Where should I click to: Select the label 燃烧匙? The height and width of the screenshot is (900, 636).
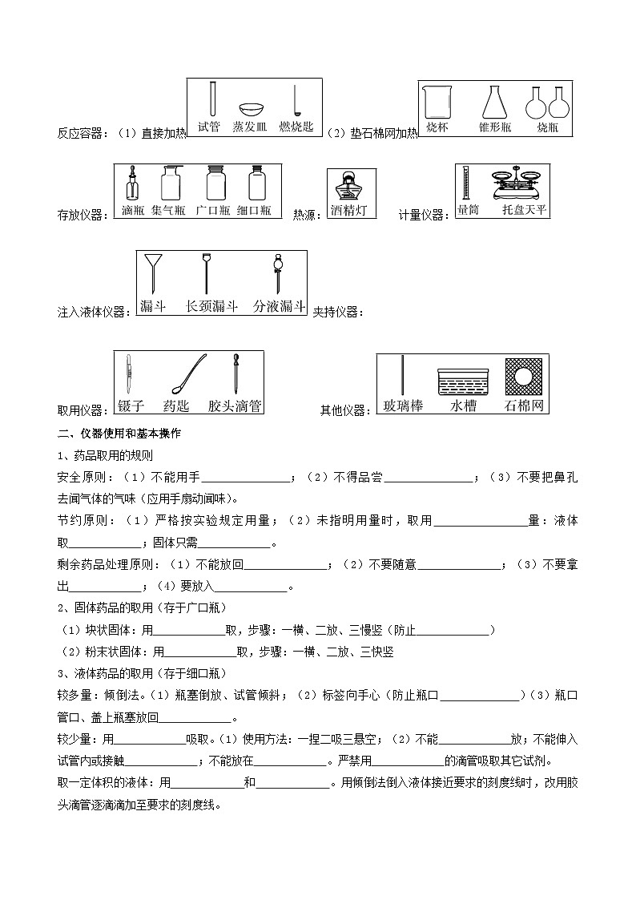coord(296,127)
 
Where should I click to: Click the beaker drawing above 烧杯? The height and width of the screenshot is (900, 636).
coord(437,103)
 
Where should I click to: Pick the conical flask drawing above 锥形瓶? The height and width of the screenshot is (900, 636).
coord(495,103)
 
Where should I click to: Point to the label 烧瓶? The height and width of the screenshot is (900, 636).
coord(548,127)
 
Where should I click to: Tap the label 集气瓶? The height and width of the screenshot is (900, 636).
coord(168,211)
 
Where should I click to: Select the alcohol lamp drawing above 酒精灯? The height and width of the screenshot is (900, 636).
coord(348,188)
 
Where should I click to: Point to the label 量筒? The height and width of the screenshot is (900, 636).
coord(468,211)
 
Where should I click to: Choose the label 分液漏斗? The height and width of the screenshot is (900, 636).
coord(279,306)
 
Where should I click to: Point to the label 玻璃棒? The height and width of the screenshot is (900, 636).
coord(403,406)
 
